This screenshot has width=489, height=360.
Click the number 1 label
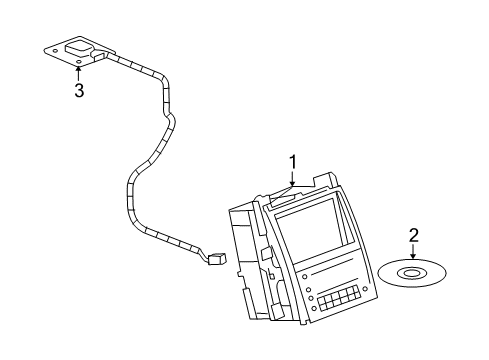(293, 160)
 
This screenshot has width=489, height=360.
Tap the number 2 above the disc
(412, 236)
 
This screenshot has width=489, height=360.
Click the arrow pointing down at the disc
(412, 254)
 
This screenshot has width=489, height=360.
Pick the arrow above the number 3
(78, 73)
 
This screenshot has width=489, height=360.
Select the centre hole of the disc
(411, 271)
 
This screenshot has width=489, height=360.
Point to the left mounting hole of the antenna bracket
(50, 46)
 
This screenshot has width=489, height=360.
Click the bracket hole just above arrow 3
(78, 63)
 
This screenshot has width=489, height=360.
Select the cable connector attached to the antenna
(101, 58)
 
